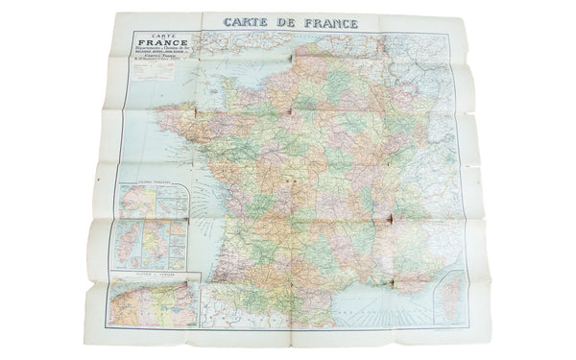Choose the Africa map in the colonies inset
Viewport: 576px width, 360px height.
tap(132, 203)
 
